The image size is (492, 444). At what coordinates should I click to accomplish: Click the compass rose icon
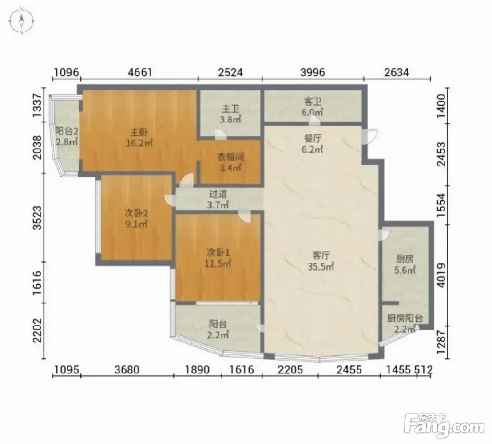[x=21, y=21]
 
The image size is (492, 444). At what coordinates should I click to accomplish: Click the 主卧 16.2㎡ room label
[x=139, y=138]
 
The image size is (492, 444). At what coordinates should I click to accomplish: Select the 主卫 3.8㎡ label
[x=230, y=114]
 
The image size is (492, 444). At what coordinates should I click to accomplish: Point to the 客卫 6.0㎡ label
[x=313, y=106]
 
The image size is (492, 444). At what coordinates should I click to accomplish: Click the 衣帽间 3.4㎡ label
[x=230, y=162]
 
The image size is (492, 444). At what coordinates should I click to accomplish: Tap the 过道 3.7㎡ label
[x=218, y=200]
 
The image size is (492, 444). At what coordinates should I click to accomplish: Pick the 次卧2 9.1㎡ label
[x=136, y=219]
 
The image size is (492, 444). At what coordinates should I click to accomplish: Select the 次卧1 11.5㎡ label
[x=218, y=258]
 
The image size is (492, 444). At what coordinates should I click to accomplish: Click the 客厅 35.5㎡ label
[x=321, y=261]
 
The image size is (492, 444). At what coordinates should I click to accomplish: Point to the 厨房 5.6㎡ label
[x=405, y=264]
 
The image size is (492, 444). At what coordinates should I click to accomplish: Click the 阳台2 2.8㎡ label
[x=67, y=136]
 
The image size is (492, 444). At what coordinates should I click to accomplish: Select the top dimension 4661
[x=140, y=72]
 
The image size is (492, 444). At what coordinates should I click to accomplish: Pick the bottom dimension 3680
[x=127, y=370]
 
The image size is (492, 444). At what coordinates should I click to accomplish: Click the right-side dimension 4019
[x=441, y=275]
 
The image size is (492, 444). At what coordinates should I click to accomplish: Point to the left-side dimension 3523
[x=37, y=218]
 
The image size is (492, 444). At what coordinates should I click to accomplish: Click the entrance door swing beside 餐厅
[x=370, y=136]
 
